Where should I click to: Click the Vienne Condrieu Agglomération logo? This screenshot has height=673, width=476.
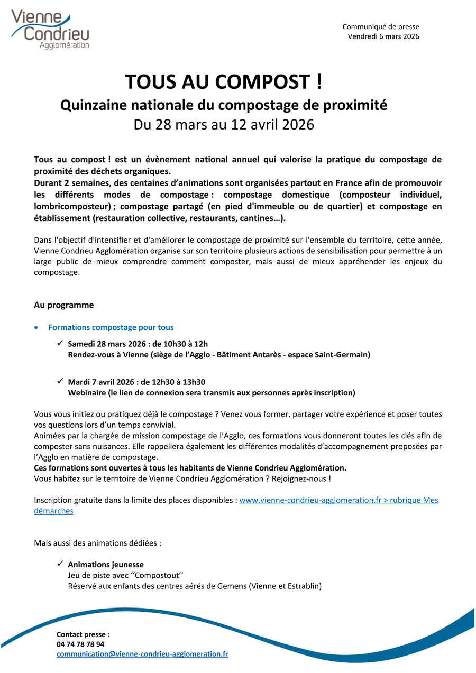(50, 30)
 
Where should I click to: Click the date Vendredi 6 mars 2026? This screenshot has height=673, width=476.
(383, 36)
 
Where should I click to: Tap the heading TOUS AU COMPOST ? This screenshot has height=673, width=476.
(223, 82)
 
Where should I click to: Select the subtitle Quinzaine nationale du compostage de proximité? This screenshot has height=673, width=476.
(224, 105)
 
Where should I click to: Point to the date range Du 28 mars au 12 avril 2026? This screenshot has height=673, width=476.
(224, 125)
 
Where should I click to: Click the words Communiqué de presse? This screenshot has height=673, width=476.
(381, 27)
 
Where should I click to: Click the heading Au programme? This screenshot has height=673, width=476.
(64, 305)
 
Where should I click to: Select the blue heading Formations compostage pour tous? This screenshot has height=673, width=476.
(111, 327)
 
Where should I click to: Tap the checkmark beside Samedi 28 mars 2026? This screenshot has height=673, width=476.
(60, 344)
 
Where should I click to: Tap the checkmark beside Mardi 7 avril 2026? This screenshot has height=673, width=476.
(60, 381)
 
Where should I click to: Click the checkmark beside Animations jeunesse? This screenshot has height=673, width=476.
(60, 564)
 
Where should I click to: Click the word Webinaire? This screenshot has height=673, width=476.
(86, 393)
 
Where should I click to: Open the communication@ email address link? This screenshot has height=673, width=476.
(142, 654)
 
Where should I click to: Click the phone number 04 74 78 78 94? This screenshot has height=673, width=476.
(80, 644)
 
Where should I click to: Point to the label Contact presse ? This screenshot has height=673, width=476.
(83, 634)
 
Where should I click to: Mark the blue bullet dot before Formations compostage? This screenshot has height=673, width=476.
(35, 328)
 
